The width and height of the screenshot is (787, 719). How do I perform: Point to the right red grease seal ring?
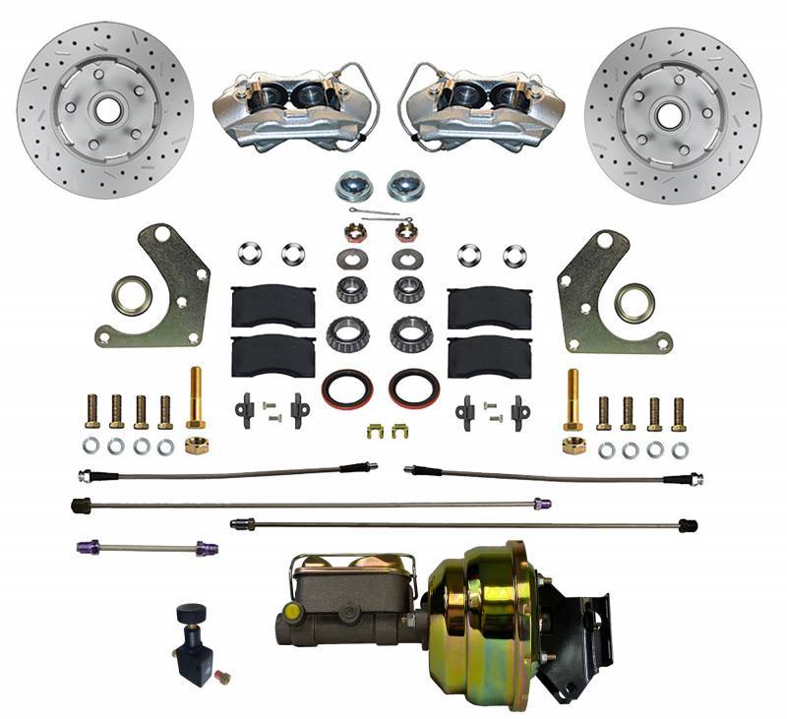coord(413,388)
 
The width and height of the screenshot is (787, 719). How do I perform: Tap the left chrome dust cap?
coord(351,183)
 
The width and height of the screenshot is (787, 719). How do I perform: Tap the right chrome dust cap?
coord(403,183)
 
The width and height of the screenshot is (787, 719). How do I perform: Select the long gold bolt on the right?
coord(573,398)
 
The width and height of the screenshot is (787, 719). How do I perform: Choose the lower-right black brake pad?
coord(489,355)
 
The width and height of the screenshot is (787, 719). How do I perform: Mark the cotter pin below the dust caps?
coord(374,213)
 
